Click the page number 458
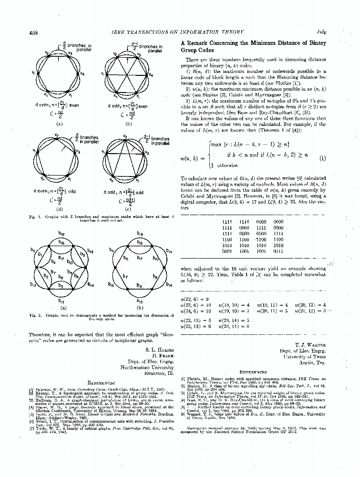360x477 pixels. (x=33, y=32)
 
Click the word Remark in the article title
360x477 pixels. (x=201, y=42)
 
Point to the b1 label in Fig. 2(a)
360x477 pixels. (x=40, y=256)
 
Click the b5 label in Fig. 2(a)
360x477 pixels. (x=82, y=255)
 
